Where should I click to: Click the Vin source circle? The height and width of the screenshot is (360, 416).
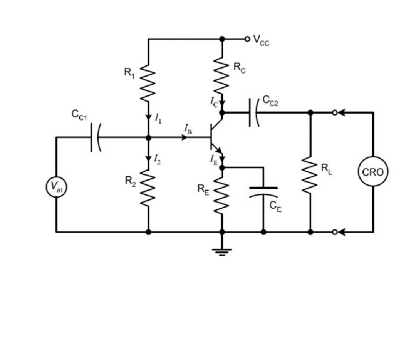[56, 187]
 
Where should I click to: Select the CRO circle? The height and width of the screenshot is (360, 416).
[373, 172]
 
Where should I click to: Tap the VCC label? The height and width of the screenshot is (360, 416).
[261, 40]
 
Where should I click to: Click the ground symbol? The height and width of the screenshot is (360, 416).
[222, 251]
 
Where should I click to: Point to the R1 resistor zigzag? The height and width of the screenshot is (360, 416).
[149, 84]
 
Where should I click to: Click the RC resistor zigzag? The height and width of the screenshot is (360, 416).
[222, 77]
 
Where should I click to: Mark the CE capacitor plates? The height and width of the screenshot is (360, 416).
[263, 191]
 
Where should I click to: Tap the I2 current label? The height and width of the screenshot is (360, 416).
[158, 158]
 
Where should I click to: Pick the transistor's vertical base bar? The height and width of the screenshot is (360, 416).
[211, 137]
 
